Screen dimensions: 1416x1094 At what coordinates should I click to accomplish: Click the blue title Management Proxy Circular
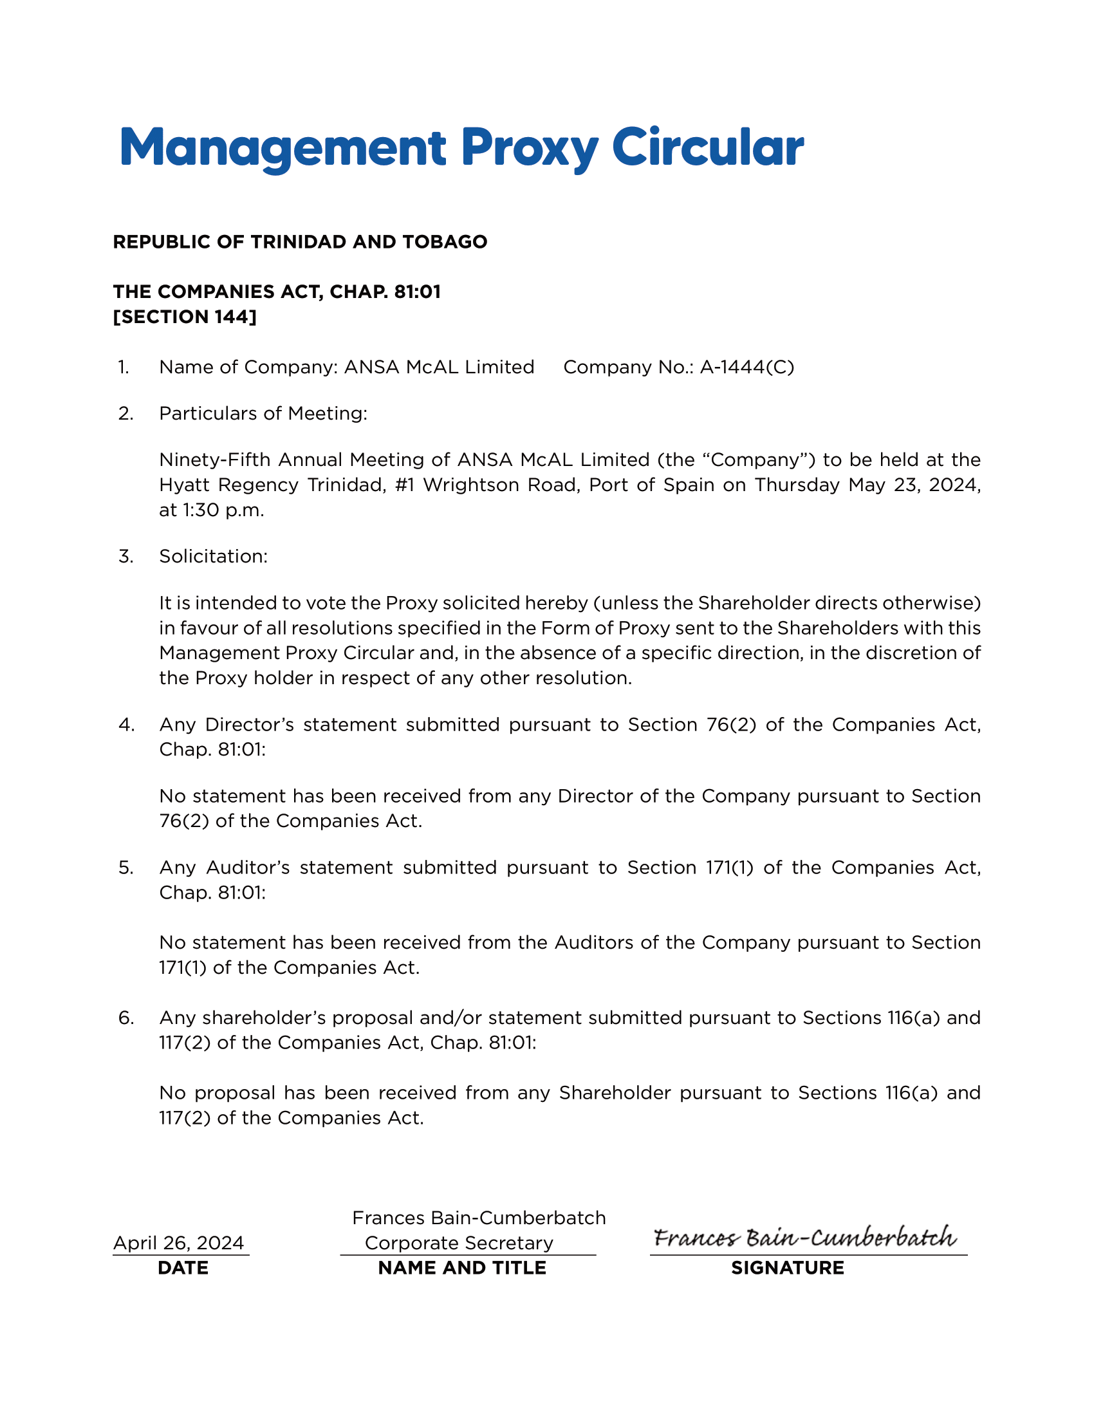pos(461,148)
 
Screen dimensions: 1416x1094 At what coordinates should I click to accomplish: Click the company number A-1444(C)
pos(746,368)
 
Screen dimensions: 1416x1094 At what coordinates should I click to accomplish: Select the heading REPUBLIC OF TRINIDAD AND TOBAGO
pos(300,242)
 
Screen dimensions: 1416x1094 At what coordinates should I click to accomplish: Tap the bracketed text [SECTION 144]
pos(185,317)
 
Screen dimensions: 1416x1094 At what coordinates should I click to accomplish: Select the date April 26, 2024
pos(179,1243)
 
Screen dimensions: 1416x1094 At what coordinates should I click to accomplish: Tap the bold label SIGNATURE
pos(788,1268)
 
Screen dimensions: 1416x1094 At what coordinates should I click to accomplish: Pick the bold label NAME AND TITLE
pos(462,1268)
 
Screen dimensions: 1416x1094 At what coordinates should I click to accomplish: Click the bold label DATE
pos(183,1268)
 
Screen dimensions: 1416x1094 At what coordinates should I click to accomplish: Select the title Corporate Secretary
pos(459,1243)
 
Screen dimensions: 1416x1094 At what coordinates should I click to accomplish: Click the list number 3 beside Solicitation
pos(125,557)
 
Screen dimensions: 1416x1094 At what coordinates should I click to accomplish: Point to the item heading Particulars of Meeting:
pos(263,414)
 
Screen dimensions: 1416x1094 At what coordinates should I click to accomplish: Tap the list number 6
pos(125,1018)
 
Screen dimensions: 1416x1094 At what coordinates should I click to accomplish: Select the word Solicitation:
pos(213,557)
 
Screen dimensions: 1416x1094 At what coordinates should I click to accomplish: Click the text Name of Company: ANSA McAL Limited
pos(347,368)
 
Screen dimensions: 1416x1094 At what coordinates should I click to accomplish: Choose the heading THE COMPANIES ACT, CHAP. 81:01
pos(277,292)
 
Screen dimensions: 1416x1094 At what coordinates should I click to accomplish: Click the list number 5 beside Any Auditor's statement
pos(125,868)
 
